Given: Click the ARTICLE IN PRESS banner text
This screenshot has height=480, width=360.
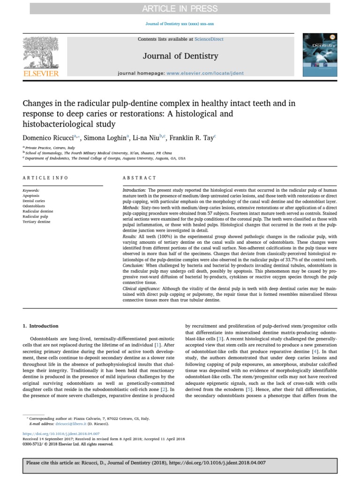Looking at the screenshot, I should [180, 8].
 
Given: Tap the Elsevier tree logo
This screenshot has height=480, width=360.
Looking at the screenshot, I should [41, 52].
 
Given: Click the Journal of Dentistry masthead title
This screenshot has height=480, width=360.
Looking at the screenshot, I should [180, 56].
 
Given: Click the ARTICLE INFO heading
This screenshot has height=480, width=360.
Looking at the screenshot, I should [45, 178].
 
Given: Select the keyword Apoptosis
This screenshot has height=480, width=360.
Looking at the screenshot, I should [31, 195].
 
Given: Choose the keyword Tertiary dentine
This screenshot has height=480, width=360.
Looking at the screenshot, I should [36, 222].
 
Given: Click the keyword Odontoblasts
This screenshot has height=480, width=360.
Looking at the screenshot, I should [34, 206].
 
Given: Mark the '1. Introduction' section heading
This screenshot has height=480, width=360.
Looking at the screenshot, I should [41, 326].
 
